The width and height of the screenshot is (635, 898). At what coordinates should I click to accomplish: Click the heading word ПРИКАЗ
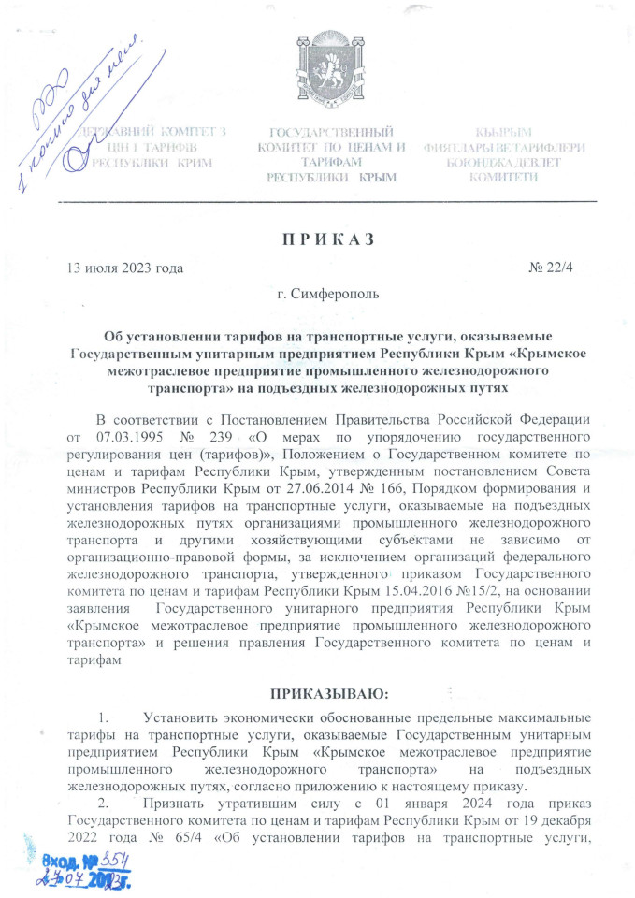point(323,238)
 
